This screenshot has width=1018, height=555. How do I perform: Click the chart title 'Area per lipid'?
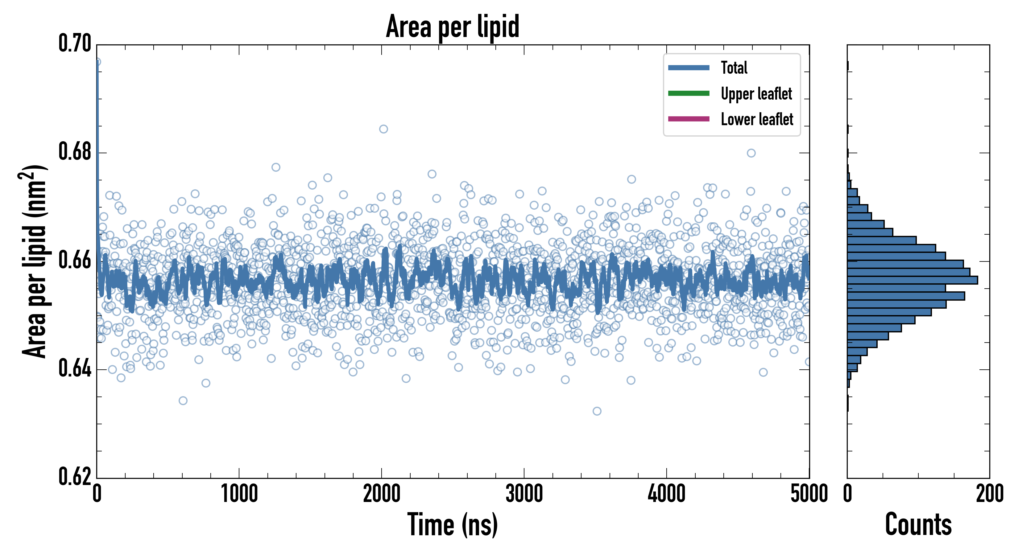(x=453, y=27)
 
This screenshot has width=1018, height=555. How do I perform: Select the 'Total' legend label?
(x=734, y=68)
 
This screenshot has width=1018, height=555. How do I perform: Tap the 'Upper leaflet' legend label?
(x=756, y=94)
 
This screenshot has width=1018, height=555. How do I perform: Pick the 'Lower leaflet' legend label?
(x=757, y=119)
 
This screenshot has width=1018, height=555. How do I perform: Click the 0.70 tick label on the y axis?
(x=75, y=43)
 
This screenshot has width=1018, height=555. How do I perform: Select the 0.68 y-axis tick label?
(x=75, y=152)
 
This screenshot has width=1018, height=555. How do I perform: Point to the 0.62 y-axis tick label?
(x=75, y=476)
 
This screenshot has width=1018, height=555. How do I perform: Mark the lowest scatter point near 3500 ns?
(x=597, y=411)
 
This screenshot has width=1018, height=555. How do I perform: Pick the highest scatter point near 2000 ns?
(x=383, y=129)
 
